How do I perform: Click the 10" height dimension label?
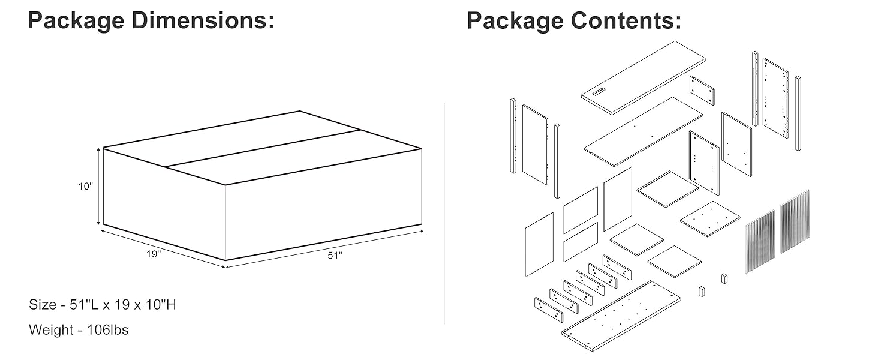tap(86, 187)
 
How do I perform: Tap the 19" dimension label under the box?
tap(154, 254)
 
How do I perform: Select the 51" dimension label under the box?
tap(335, 256)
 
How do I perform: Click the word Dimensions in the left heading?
tap(203, 21)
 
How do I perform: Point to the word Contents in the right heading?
tap(626, 21)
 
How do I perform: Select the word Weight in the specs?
tap(50, 329)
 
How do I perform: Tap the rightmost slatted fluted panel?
tap(795, 220)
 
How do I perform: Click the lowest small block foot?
tap(700, 291)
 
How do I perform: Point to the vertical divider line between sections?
tap(444, 213)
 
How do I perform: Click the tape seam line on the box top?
tap(262, 148)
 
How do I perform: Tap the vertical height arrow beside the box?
tap(98, 187)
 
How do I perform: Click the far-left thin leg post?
tap(513, 136)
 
